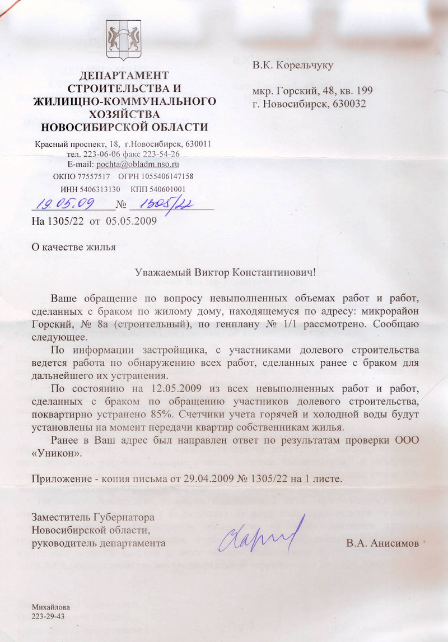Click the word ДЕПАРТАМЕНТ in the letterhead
tap(123, 75)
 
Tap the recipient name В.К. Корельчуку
tap(293, 66)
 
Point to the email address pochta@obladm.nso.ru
tap(137, 165)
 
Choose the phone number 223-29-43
tap(48, 616)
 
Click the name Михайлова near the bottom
tap(52, 607)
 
